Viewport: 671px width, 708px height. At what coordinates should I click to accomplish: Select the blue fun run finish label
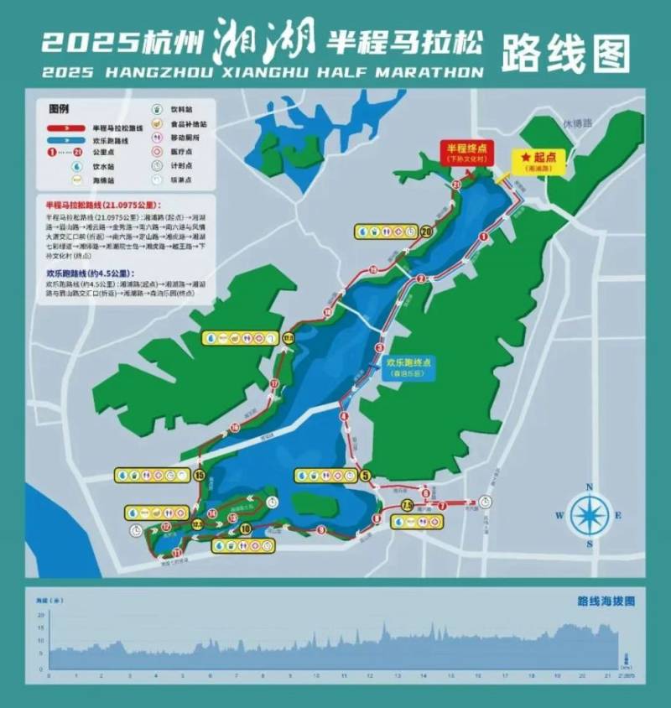(x=408, y=367)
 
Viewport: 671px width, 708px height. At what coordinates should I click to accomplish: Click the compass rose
(x=590, y=515)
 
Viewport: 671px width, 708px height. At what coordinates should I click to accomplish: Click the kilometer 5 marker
(x=365, y=476)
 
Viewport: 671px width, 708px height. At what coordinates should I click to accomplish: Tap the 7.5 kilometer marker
(x=407, y=506)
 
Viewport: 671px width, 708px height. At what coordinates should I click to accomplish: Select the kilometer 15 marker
(x=200, y=476)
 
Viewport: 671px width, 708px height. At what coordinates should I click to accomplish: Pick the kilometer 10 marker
(x=245, y=529)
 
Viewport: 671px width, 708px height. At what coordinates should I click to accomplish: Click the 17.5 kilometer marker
(x=289, y=337)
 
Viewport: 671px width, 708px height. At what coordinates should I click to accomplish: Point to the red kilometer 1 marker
(x=484, y=237)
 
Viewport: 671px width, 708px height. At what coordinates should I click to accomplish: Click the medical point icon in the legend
(x=157, y=152)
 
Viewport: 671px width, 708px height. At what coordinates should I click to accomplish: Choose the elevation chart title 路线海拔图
(x=606, y=601)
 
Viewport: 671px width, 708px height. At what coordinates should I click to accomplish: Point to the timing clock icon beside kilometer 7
(x=486, y=502)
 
